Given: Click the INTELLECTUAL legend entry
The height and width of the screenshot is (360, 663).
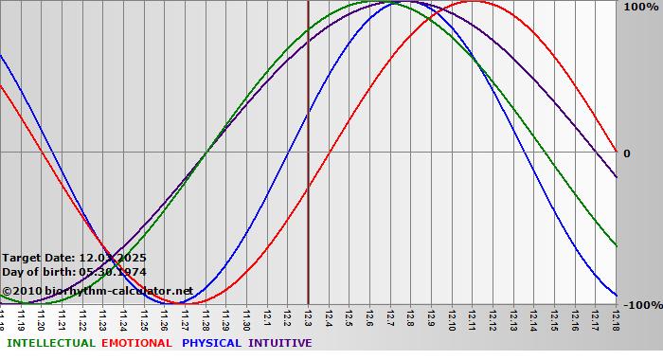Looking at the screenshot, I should [50, 343].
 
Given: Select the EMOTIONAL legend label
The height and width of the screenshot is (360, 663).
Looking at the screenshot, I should [136, 343].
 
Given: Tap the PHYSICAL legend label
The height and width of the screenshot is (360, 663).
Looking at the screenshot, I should [212, 343].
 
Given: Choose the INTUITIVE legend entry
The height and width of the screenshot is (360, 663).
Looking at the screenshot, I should [280, 343].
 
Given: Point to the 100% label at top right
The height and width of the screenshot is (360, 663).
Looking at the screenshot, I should [640, 8].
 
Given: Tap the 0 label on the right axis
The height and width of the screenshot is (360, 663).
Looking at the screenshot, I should [627, 153].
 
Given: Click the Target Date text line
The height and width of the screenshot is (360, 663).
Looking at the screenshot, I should [74, 258].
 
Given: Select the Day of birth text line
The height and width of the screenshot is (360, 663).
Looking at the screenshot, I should [74, 272].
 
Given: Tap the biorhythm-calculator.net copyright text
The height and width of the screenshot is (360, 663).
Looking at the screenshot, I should [98, 291].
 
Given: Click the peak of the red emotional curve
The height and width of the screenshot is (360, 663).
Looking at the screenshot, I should [473, 2].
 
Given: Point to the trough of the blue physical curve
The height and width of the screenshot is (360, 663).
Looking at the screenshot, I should [185, 302].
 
